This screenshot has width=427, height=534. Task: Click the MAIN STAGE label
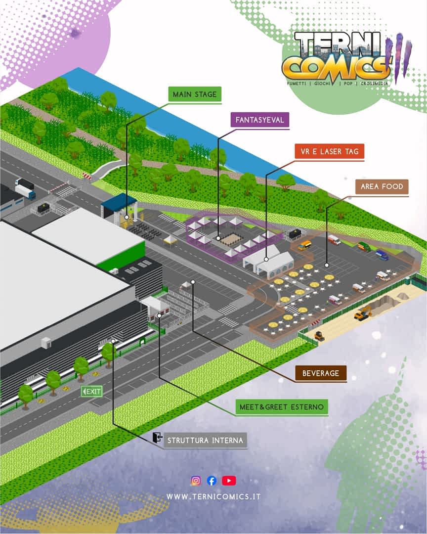coord(195,94)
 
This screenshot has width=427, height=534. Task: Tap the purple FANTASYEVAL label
coord(260,120)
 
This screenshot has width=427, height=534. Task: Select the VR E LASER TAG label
coord(330,152)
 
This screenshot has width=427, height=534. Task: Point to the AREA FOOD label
coord(382,186)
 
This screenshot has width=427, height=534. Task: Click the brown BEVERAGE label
coord(321,373)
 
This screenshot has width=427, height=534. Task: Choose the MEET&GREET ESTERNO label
coord(282,406)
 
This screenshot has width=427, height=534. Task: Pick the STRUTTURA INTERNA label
coord(205,441)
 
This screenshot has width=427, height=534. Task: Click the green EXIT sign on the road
coord(91,391)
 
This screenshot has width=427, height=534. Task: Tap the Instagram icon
coord(196,481)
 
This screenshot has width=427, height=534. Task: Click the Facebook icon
coord(212,481)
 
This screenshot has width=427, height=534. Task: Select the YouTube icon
coord(229,481)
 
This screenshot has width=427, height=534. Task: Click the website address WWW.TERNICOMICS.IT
coord(213,496)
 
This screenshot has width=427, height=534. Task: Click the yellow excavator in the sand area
coord(363,312)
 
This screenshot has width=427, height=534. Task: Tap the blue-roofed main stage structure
coord(119,208)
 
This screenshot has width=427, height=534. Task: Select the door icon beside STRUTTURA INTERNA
coord(157,437)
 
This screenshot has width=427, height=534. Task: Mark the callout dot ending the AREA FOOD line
coord(327,265)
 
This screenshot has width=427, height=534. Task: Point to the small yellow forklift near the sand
coord(319,336)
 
